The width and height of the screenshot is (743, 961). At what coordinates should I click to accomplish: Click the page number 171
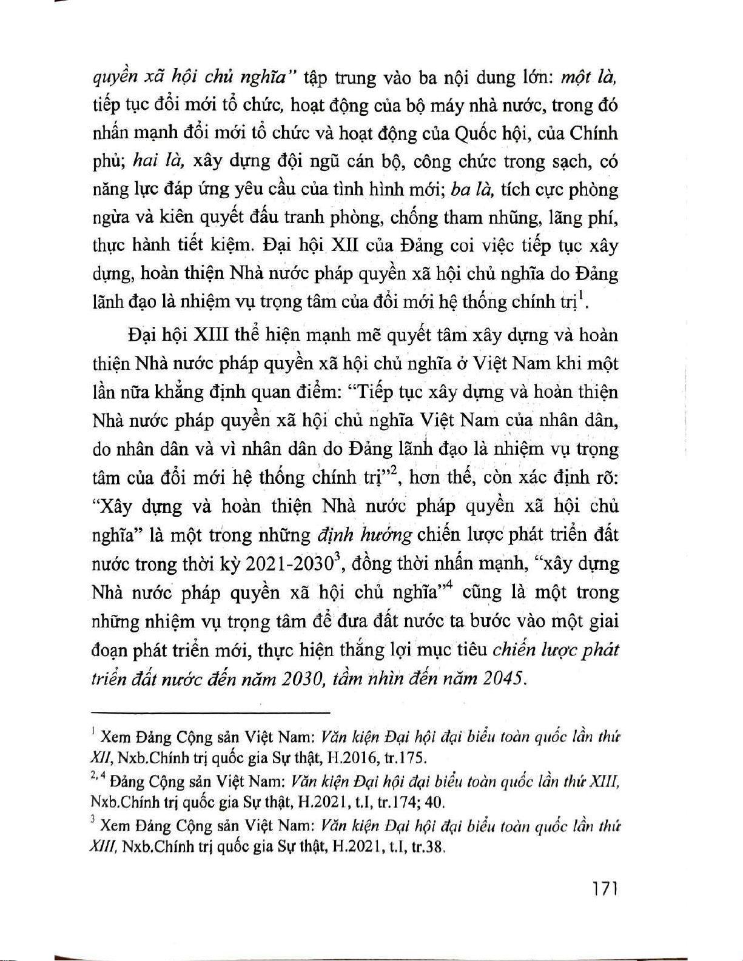click(x=605, y=889)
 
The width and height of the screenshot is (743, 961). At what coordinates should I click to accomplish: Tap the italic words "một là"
click(x=588, y=78)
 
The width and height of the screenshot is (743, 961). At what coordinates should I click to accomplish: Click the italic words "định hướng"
click(x=365, y=535)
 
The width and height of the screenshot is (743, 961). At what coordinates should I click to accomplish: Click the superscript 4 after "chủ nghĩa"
click(x=449, y=585)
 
